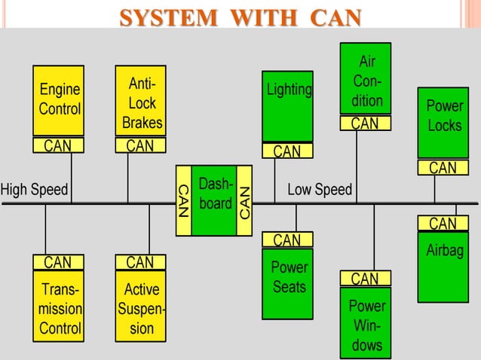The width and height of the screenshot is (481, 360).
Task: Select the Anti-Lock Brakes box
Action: pos(140,101)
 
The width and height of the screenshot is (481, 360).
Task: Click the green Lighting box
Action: pos(288,105)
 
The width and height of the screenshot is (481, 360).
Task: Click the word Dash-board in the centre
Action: pos(215,194)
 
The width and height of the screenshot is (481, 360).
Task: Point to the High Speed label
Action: pos(35,189)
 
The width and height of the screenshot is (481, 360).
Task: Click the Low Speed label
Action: pos(320,189)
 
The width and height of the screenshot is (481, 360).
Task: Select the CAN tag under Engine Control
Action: pos(58,145)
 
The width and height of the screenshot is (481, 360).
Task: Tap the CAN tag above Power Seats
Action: pos(287,240)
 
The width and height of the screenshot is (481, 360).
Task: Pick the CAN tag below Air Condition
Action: pos(366,123)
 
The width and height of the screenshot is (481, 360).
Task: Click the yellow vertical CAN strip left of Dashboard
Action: pos(183,200)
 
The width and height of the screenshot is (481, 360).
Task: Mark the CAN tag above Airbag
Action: pos(443,224)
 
